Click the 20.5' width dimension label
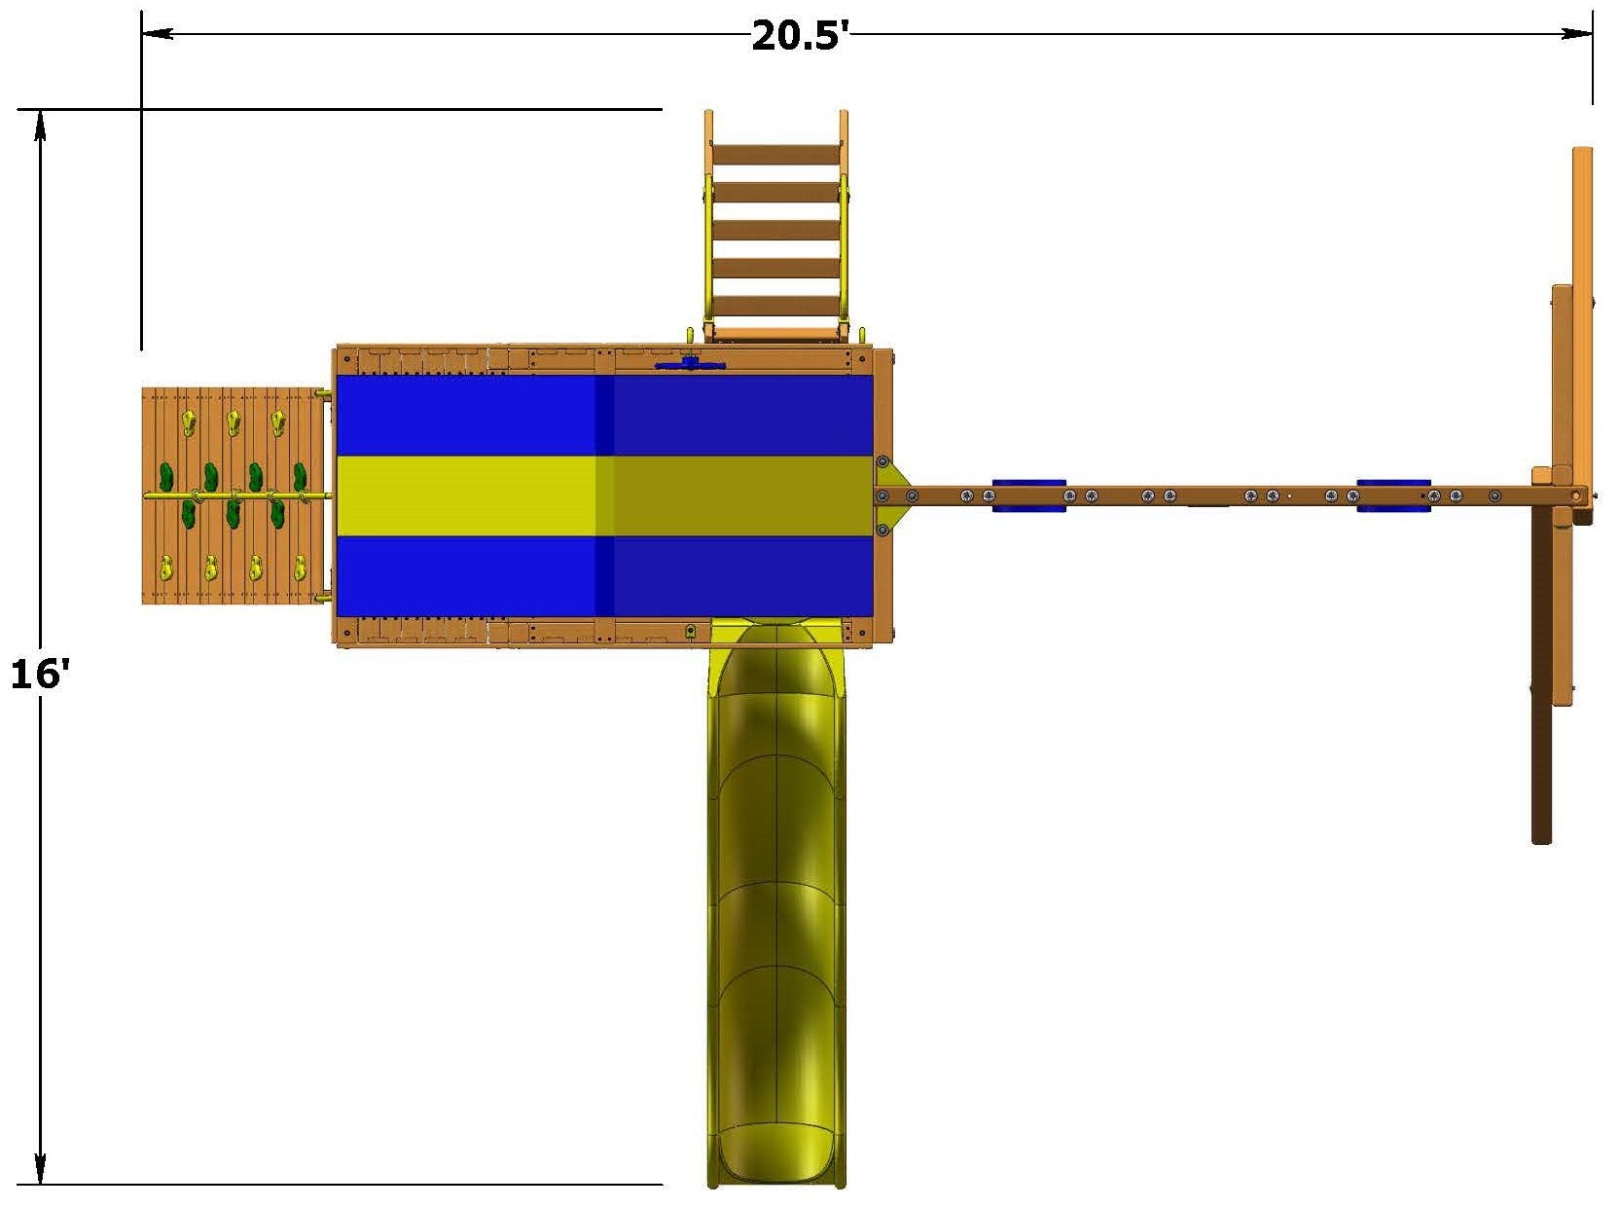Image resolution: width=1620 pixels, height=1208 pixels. [800, 35]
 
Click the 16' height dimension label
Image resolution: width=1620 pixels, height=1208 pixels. [40, 675]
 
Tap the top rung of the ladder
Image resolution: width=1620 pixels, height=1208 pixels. [775, 155]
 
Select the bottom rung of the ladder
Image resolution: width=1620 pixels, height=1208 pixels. [775, 306]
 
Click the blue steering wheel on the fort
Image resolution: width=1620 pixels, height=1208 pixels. [690, 364]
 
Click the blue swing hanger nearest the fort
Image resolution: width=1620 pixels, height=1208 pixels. [1028, 495]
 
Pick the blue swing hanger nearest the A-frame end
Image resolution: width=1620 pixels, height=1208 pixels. [1393, 495]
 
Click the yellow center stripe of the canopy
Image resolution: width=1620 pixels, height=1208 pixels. [605, 495]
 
